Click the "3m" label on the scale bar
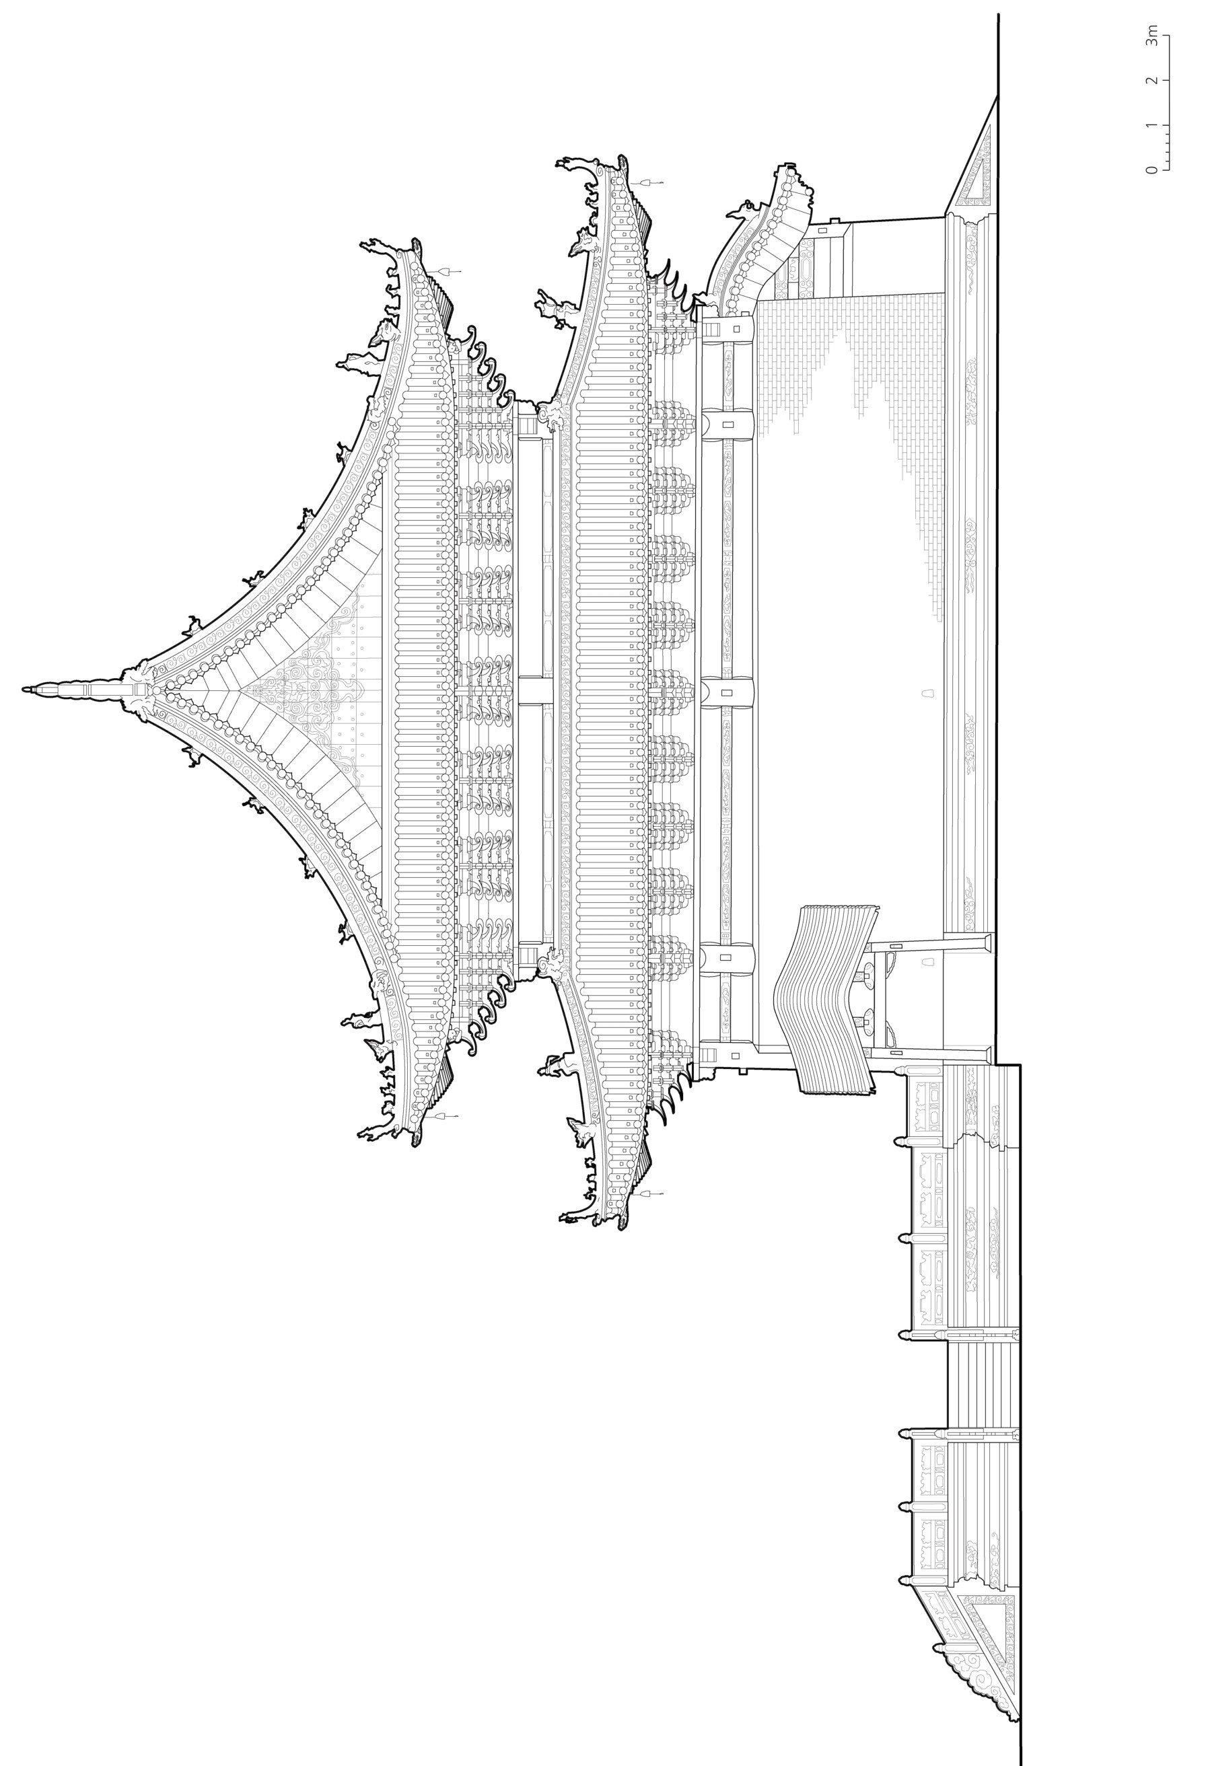[x=1153, y=36]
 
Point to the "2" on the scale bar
[x=1153, y=80]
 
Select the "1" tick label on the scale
[x=1153, y=124]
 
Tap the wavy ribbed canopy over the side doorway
[x=828, y=999]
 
